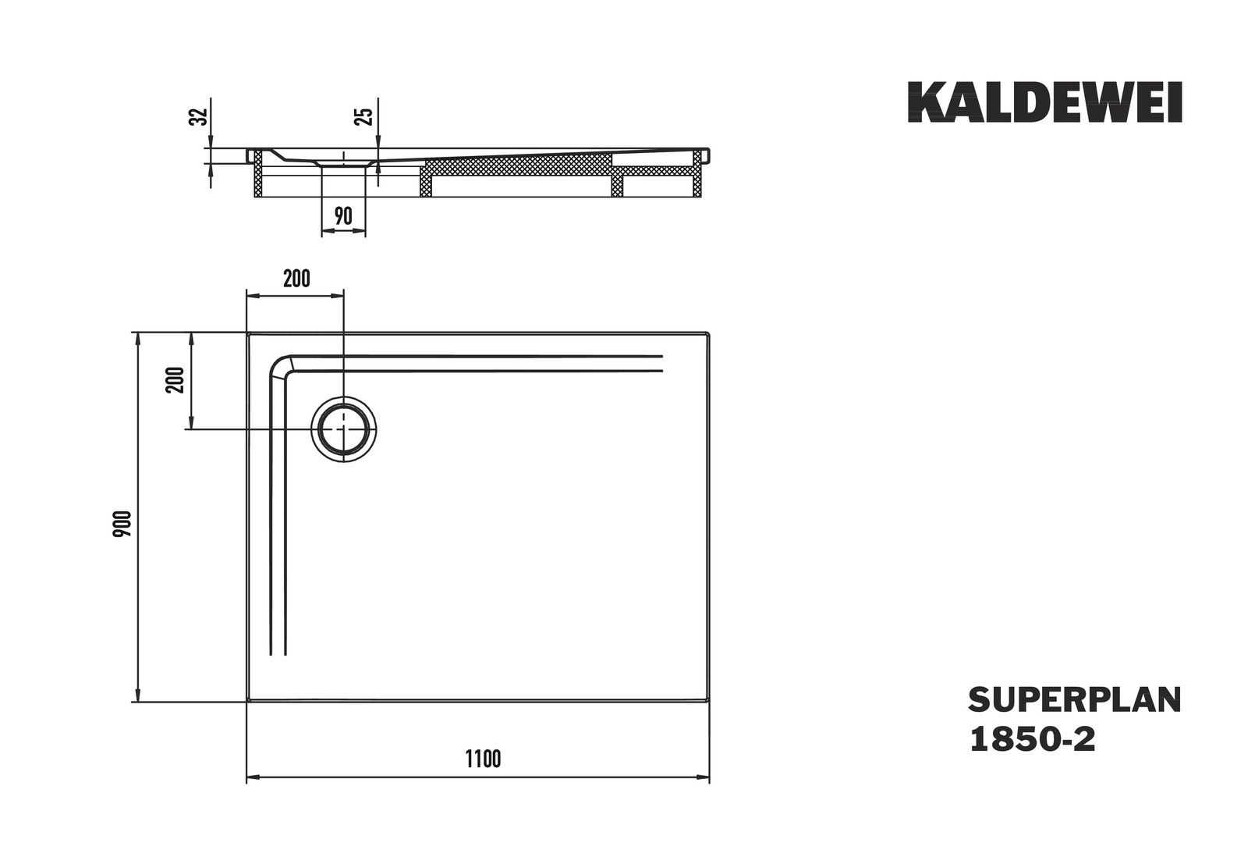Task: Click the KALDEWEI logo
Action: tap(1045, 102)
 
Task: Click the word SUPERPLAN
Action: tap(1075, 700)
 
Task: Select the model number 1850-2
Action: tap(1032, 739)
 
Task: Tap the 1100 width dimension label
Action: tap(483, 759)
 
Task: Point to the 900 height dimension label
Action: tap(122, 524)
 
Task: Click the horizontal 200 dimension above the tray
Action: tap(296, 279)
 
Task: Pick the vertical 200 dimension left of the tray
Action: tap(175, 380)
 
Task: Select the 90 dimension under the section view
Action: tap(343, 215)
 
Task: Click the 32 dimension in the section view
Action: tap(198, 116)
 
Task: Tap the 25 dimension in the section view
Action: tap(364, 116)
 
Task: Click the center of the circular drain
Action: tap(343, 429)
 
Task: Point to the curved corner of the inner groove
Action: tap(279, 365)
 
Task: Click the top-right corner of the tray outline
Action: tap(709, 333)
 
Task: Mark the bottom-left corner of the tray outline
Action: tap(248, 701)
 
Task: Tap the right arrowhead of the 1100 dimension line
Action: tap(703, 777)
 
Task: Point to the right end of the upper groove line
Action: tap(662, 356)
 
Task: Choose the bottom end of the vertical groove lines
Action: tap(278, 654)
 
